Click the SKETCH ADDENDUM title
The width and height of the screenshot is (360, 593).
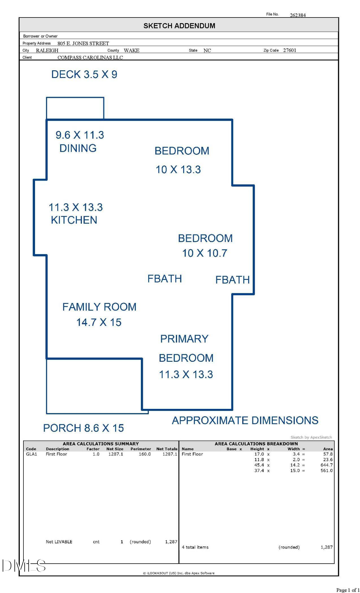point(179,26)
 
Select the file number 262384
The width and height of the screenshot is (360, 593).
point(298,15)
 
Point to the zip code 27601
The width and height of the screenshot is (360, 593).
point(290,50)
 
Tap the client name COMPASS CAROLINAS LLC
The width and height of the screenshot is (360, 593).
point(90,58)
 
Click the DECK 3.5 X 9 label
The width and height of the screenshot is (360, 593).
point(84,74)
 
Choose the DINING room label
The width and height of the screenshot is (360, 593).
point(78,148)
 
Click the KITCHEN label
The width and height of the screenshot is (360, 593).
point(74,220)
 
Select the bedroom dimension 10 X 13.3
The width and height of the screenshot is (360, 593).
point(178,170)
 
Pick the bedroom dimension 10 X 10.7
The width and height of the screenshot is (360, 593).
point(205,253)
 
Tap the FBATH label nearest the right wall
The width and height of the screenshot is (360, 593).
point(232,280)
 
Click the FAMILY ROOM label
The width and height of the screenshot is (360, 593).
point(99,307)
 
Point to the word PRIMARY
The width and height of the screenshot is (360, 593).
point(184,339)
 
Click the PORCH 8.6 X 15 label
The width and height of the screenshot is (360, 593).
point(84,428)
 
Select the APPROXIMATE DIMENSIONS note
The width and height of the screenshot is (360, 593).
point(245,420)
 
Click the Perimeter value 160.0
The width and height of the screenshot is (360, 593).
point(145,454)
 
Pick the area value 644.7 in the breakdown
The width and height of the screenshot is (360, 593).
point(326,465)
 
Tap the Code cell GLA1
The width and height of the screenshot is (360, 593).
point(31,454)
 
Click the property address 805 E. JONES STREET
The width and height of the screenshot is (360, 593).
point(83,43)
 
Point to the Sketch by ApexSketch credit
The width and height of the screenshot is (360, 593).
point(311,437)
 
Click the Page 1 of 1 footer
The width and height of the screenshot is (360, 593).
point(348,590)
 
